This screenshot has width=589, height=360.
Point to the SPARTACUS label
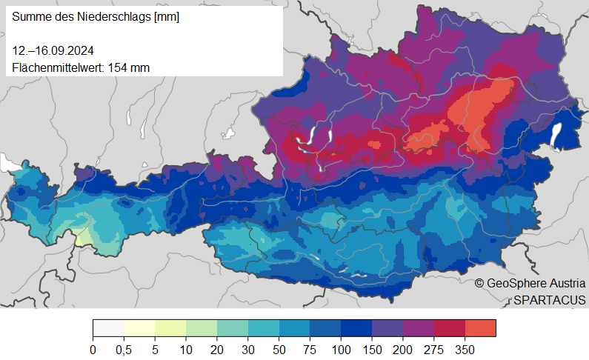pos(550,299)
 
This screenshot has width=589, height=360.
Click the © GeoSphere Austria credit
pos(530,283)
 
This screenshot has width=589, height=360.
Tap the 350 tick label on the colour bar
pos(465,350)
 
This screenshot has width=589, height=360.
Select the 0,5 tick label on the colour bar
pos(124,350)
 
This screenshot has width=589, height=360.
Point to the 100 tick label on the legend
pos(341,350)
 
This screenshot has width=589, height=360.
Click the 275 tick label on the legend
pos(433,350)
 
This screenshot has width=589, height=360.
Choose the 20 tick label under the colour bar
pos(217,350)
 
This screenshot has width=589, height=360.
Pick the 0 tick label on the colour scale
pos(93,350)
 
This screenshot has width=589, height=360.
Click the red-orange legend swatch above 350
pos(480,327)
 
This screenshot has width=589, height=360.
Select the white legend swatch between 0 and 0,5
pos(108,327)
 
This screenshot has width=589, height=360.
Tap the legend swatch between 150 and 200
pos(387,327)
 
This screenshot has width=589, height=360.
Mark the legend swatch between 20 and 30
pos(233,327)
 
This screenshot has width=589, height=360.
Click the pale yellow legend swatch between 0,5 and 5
pos(139,327)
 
